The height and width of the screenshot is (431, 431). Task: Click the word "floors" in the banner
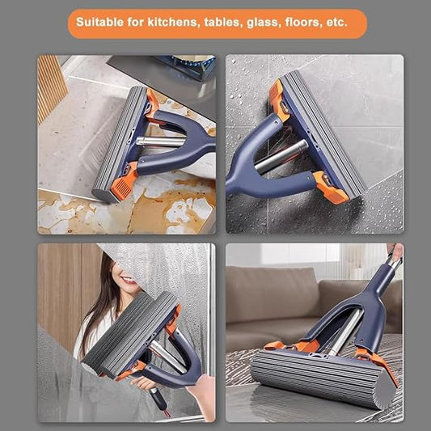pos(303,23)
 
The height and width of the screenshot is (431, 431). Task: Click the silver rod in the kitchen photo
pos(160,142)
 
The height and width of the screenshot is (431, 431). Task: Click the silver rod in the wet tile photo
pos(281,156)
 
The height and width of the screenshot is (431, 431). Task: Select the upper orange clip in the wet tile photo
pos(278,99)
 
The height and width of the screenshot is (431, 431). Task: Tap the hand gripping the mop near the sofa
pos(395,251)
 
